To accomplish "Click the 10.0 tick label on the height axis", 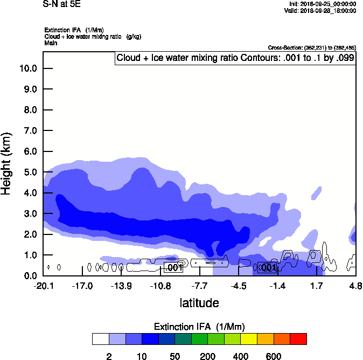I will coord(28,68).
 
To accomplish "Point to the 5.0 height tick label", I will coord(30,172).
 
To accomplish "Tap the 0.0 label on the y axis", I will coord(30,276).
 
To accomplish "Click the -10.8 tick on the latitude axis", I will coord(160,286).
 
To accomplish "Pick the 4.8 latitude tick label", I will coord(355,286).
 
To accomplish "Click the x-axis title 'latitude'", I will coord(199,303).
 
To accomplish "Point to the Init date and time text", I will coord(322,4).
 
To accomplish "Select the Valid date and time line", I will coord(322,10).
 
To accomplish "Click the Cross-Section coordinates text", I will coord(311,47).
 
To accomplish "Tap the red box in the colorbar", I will coord(298,339).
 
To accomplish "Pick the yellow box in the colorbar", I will coord(249,339).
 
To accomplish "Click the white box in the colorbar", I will coord(100,339).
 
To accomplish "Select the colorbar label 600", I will coord(274,356).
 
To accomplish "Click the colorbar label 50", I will coord(174,356).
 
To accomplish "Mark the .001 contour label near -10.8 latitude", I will coord(173,267).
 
